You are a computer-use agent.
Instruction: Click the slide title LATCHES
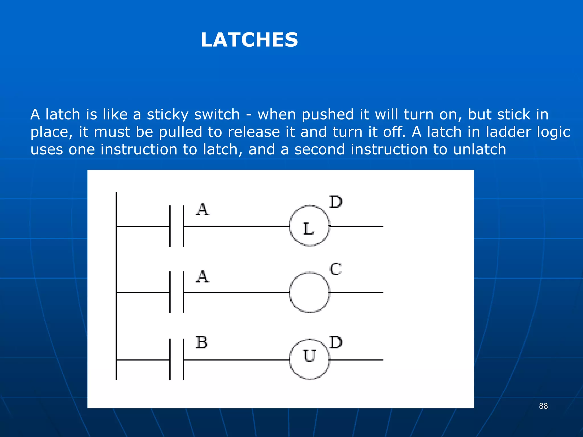point(249,40)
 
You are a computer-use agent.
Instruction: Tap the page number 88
point(543,406)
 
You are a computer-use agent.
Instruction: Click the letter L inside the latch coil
point(308,229)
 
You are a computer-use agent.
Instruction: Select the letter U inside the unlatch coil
point(309,356)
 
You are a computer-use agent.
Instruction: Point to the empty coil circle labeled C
point(309,292)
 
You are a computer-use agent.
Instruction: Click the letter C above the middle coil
point(336,269)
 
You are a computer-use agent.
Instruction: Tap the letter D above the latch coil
point(336,202)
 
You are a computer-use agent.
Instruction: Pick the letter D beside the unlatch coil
point(336,342)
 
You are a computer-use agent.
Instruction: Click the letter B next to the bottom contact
point(202,342)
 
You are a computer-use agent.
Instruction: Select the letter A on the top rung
point(202,209)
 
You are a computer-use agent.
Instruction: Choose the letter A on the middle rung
point(202,277)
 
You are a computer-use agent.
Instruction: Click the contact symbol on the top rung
point(176,226)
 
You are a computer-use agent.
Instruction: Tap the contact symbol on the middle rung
point(176,292)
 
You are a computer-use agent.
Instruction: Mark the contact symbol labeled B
point(176,360)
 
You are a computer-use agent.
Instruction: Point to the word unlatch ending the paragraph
point(479,149)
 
